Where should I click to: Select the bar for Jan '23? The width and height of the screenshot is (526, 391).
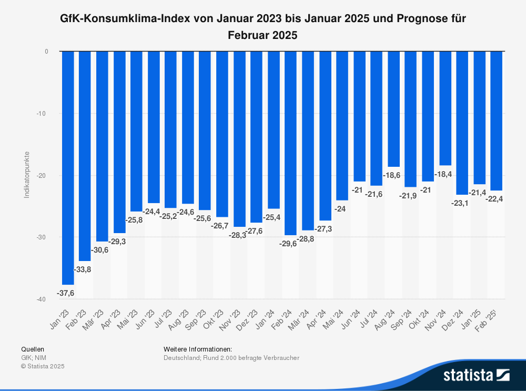click(x=68, y=167)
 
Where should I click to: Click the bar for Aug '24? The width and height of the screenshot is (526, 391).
click(x=393, y=109)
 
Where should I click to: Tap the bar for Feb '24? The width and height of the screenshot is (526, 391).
click(x=291, y=143)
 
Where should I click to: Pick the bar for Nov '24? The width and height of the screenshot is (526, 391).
click(x=445, y=108)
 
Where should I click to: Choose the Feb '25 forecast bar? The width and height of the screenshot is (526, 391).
click(x=497, y=121)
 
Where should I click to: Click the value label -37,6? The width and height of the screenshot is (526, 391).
click(x=66, y=293)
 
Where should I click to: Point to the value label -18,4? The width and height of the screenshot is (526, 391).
click(x=443, y=174)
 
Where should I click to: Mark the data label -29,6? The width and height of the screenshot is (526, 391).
click(x=289, y=243)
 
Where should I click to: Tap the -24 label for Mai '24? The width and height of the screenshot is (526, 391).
click(x=342, y=209)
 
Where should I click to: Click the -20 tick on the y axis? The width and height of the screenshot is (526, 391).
click(x=42, y=175)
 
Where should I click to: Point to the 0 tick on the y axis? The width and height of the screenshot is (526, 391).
click(x=46, y=52)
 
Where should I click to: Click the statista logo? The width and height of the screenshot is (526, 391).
click(x=476, y=375)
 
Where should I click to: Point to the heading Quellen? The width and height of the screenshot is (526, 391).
click(x=33, y=349)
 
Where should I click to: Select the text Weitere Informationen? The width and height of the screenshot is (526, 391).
click(x=198, y=349)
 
